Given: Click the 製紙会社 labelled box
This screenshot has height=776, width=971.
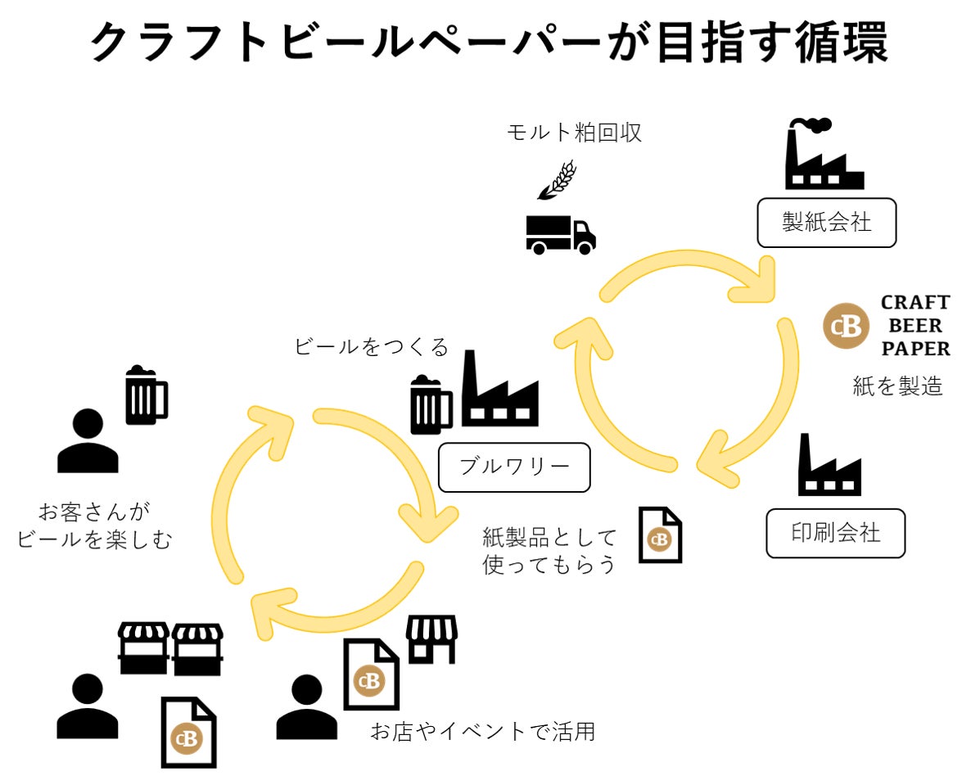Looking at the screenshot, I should (x=826, y=222).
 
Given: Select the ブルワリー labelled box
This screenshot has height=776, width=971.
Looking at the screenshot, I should (x=513, y=467).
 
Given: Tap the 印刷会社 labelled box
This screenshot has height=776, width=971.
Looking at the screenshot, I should (x=835, y=534).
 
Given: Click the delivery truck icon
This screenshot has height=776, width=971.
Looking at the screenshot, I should (x=560, y=234).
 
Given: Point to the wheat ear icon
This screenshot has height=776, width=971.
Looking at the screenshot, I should (x=557, y=180).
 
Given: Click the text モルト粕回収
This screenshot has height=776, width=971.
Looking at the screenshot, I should (x=574, y=133).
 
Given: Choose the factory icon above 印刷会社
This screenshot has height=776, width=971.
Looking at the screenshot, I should (x=829, y=467).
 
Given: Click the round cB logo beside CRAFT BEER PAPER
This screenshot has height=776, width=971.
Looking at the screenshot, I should (x=845, y=326).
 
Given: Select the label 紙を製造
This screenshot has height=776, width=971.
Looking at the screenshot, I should (x=897, y=386).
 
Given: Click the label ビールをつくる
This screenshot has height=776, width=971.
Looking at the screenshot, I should (x=371, y=347).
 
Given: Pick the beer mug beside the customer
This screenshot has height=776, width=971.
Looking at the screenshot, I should (x=146, y=395).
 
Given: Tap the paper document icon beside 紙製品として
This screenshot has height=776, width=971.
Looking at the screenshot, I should (x=660, y=535).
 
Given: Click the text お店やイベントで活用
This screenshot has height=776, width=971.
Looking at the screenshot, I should (x=482, y=731).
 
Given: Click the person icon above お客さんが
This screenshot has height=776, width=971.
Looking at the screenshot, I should (x=87, y=441).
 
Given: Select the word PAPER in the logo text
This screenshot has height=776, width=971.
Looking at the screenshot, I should (x=915, y=349).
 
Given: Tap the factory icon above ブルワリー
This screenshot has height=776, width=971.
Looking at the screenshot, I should (x=499, y=390).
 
